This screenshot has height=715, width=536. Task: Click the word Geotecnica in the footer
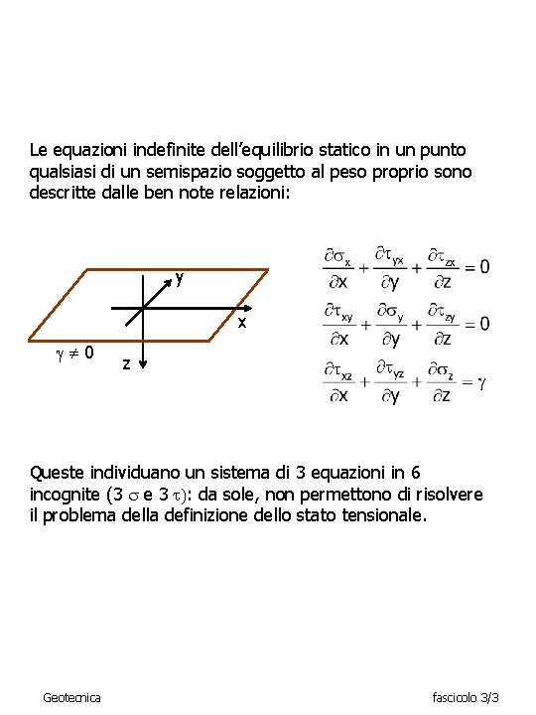coord(71,698)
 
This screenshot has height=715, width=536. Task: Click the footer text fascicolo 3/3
coord(466,698)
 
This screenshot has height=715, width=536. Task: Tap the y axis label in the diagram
coord(179,278)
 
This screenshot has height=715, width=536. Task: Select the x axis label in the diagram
coord(240,325)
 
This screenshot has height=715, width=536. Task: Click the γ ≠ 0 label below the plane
coord(75,352)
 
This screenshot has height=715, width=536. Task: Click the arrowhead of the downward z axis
coord(142,366)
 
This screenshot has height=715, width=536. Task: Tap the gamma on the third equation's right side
coord(481,382)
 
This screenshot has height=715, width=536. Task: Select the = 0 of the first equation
coord(475,267)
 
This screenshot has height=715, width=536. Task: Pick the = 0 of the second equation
coord(475,324)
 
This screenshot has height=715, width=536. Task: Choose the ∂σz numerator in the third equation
coord(440,373)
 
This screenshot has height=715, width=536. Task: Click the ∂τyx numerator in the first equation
coord(389,256)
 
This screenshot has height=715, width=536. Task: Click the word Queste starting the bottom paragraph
coord(58,472)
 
